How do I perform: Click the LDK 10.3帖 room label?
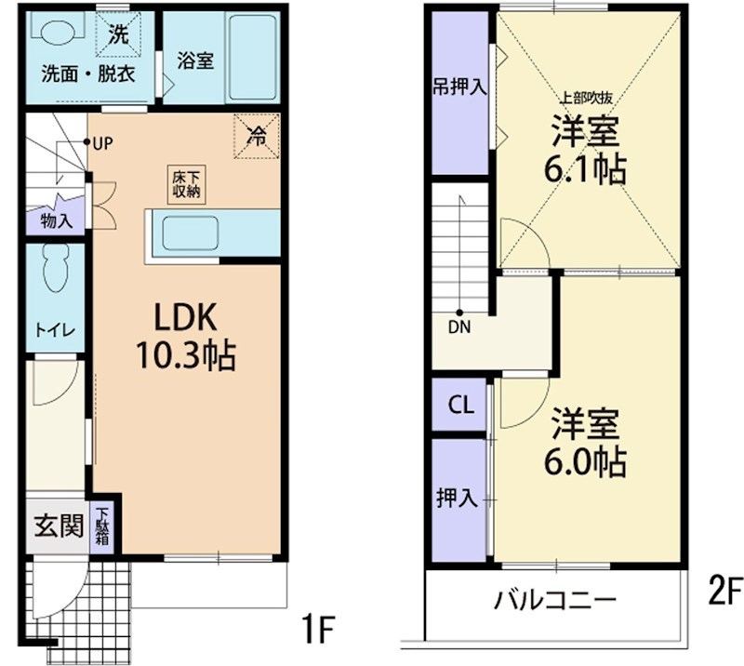[185, 337]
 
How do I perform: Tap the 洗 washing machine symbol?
[117, 36]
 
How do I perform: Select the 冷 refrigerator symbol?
[256, 135]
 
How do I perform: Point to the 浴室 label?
[195, 61]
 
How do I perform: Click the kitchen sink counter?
[191, 233]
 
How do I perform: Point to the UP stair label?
[102, 142]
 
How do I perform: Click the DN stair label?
[459, 326]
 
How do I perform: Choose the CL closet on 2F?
[460, 405]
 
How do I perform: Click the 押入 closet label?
[458, 499]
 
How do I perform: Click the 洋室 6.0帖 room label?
[586, 441]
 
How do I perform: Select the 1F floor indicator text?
[317, 633]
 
